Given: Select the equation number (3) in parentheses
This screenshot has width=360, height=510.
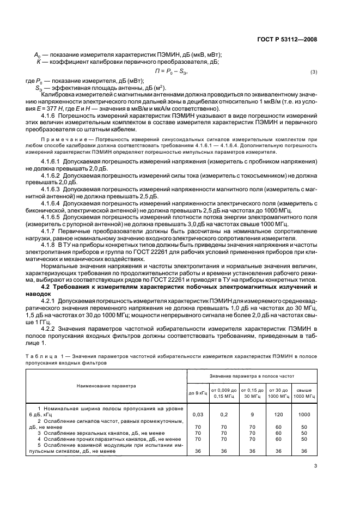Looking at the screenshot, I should coord(313,72).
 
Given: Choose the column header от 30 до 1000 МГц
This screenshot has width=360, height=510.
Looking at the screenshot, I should coord(277,392).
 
